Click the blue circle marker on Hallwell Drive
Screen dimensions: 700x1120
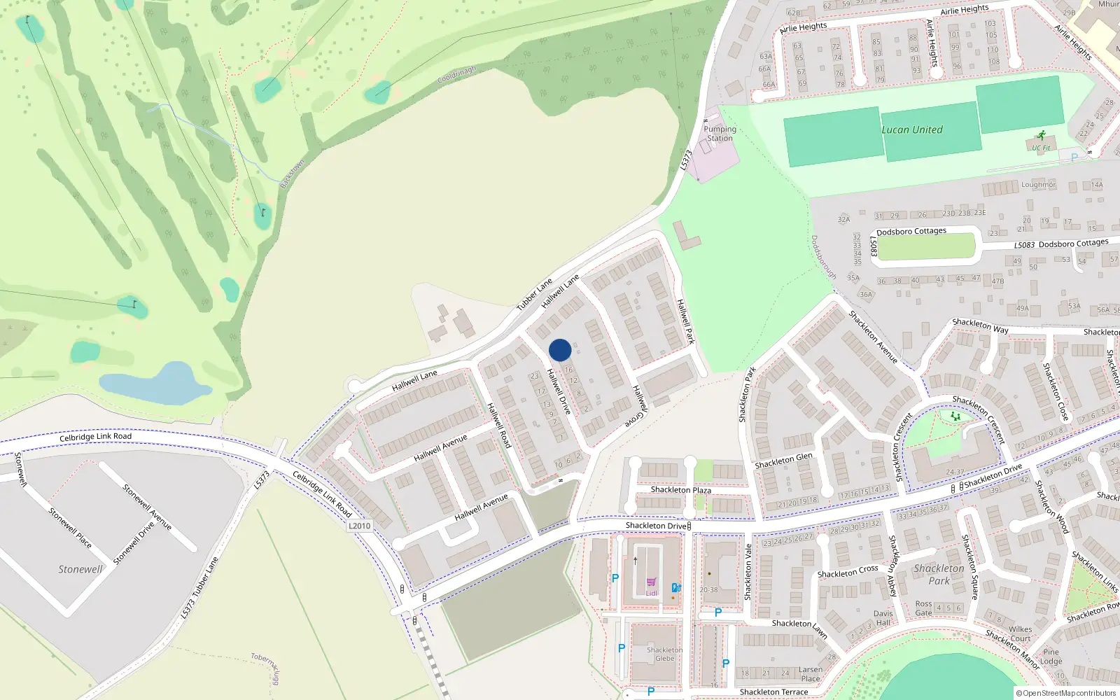560,350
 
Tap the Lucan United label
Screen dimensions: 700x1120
911,129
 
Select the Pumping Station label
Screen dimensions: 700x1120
720,134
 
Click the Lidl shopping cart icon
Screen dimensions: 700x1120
651,582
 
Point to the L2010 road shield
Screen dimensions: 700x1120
359,526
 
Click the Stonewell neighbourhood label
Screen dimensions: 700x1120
80,569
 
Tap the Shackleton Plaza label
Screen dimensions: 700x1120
680,490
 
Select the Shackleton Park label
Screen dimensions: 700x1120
939,575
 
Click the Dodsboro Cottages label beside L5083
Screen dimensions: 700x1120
1073,244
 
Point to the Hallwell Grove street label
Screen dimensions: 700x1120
637,406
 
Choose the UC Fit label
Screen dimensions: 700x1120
1041,148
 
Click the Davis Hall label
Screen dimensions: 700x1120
883,618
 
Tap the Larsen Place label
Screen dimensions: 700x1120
811,674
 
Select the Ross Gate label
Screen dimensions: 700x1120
923,608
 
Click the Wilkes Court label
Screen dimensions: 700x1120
1020,633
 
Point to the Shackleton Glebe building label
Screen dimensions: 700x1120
664,654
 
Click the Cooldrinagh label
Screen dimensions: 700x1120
456,74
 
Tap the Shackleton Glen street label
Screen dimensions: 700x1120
783,460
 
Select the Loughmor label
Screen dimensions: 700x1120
1037,185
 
